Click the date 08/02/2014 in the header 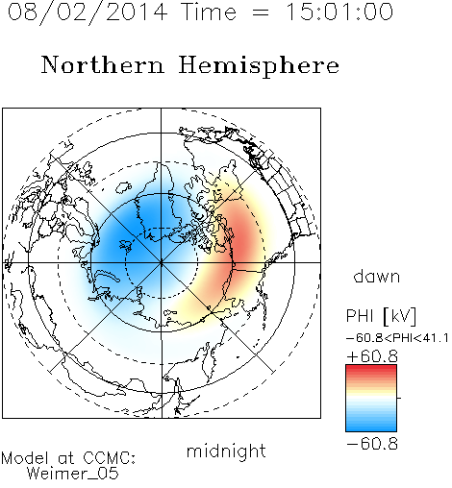click(88, 12)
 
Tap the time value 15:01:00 click(339, 12)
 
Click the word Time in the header click(209, 12)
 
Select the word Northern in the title click(103, 65)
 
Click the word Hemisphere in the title click(259, 66)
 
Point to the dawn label click(377, 276)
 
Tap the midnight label click(226, 451)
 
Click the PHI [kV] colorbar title click(381, 316)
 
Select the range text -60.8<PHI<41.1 click(397, 338)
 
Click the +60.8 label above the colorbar click(372, 356)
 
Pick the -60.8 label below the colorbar click(372, 444)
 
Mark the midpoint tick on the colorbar click(399, 398)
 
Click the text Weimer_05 click(73, 474)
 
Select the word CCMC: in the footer click(110, 458)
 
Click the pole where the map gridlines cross click(162, 263)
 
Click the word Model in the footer click(25, 458)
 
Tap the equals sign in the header click(261, 12)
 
